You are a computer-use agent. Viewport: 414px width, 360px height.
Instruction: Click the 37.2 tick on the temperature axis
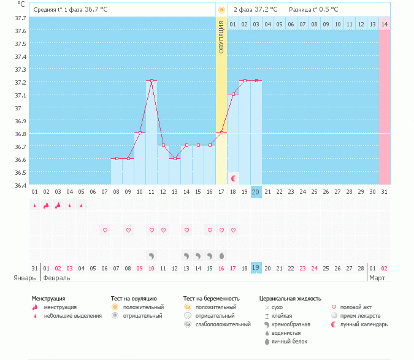20,82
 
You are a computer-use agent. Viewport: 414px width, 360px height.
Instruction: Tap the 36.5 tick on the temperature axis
20,172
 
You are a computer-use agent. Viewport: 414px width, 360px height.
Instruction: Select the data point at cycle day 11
151,80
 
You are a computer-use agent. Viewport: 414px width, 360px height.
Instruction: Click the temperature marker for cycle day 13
175,158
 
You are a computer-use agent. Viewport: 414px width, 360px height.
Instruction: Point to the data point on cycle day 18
233,94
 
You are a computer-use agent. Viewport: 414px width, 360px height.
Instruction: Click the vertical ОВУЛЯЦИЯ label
221,36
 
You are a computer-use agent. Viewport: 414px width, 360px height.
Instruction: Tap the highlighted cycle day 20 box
256,192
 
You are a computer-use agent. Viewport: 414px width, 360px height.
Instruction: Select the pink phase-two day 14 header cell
384,24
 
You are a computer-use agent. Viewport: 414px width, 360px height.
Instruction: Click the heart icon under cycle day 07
105,230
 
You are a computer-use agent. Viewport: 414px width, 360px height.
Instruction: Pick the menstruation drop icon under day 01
35,206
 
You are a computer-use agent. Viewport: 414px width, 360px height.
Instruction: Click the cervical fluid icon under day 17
221,255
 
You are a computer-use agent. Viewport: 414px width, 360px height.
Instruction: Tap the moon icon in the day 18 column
234,178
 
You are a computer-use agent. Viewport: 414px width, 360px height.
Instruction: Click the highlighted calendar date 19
256,268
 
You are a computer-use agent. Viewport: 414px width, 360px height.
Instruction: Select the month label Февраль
56,278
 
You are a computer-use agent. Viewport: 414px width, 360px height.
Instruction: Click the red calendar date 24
314,268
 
